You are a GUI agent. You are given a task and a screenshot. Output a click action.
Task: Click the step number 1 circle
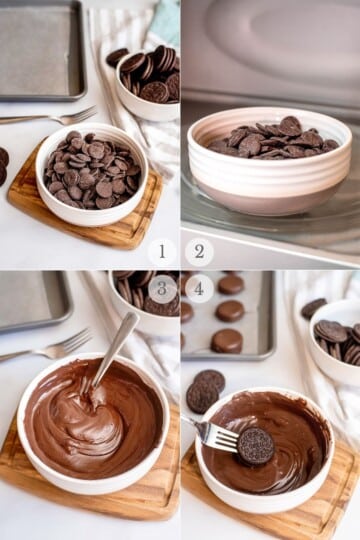[162, 252]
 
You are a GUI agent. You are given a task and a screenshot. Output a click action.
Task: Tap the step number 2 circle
[199, 252]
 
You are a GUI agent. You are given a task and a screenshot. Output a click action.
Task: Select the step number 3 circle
[162, 289]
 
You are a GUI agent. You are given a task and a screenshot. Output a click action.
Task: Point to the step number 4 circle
[199, 289]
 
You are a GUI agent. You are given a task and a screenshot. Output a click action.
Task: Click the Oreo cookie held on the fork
[256, 446]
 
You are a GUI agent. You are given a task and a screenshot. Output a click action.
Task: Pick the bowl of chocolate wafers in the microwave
[269, 160]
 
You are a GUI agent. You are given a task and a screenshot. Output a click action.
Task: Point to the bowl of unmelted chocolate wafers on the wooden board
[92, 174]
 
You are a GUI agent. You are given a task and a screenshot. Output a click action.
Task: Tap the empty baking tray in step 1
[41, 51]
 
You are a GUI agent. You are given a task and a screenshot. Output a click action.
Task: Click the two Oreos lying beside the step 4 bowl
[205, 391]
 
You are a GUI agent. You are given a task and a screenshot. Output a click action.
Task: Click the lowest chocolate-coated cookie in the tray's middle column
[227, 341]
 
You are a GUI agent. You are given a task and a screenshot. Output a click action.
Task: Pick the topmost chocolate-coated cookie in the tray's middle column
[230, 284]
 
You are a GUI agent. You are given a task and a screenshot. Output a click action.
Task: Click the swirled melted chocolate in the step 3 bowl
[94, 418]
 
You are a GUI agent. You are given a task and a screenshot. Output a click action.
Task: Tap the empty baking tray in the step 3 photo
[34, 301]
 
